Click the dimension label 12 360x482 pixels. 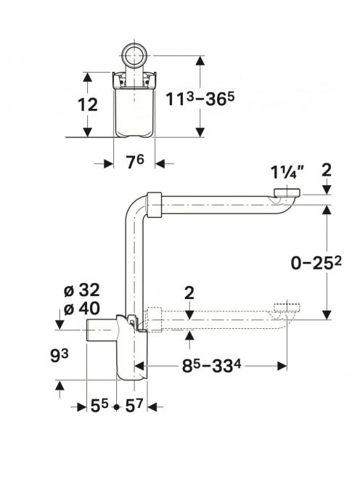pyautogui.click(x=88, y=105)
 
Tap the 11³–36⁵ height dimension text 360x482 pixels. pyautogui.click(x=200, y=99)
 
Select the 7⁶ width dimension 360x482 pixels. pyautogui.click(x=135, y=162)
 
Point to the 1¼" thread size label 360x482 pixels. pyautogui.click(x=287, y=172)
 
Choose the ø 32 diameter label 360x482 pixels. pyautogui.click(x=82, y=290)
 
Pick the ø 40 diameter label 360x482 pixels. pyautogui.click(x=82, y=308)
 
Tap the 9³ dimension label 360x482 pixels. pyautogui.click(x=59, y=356)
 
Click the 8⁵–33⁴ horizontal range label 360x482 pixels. pyautogui.click(x=212, y=366)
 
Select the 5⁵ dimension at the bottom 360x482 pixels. pyautogui.click(x=100, y=407)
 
